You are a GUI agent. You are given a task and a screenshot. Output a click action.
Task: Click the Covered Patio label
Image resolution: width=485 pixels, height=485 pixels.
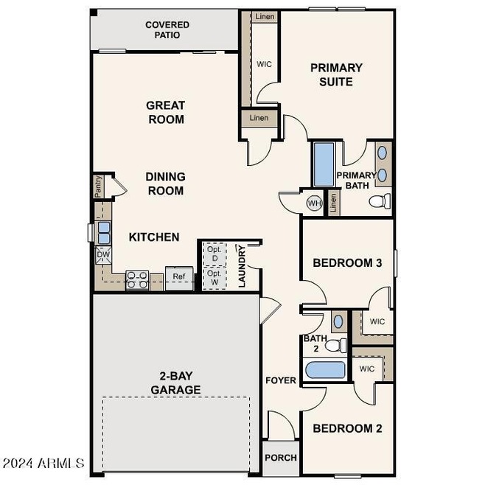tap(167, 30)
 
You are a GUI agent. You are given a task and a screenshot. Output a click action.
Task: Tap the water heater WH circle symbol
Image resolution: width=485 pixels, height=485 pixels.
tap(314, 203)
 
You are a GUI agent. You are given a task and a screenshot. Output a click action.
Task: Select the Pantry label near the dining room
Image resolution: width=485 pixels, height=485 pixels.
tap(98, 186)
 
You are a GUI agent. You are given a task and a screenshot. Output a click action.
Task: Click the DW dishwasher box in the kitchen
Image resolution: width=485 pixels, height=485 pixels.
tap(103, 255)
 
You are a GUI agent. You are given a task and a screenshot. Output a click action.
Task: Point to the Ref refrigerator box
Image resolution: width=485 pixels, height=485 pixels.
tap(179, 277)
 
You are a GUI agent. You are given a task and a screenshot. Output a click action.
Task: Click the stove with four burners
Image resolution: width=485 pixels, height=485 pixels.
tap(138, 279)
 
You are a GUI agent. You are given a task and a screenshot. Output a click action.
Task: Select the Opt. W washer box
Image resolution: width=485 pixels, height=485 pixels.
tap(214, 277)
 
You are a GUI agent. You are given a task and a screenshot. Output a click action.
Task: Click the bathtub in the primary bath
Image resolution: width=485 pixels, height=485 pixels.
tap(324, 164)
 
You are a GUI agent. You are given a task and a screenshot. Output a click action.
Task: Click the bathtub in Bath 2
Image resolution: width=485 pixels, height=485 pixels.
tap(325, 369)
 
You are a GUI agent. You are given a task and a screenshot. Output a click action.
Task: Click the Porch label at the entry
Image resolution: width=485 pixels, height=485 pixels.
tap(281, 458)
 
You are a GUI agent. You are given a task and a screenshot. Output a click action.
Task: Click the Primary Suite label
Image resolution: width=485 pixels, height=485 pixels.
tap(336, 74)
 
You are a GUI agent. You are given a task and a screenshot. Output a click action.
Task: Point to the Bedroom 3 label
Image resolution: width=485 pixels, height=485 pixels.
tap(346, 262)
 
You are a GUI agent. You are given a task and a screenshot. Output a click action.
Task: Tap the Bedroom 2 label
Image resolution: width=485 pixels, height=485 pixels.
tap(346, 428)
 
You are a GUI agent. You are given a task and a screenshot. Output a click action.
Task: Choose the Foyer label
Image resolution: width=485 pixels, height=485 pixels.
tap(281, 381)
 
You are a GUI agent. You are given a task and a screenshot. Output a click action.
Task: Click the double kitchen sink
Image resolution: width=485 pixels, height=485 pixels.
tap(103, 233)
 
